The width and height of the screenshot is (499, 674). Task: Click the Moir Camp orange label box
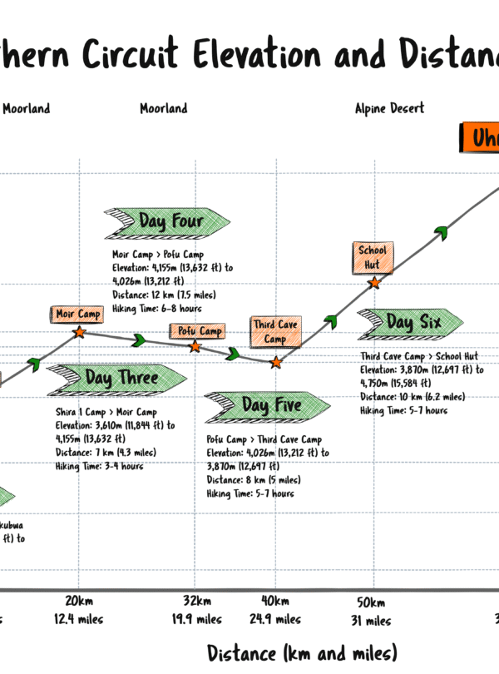pos(77,314)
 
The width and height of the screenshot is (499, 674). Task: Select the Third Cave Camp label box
pos(275,331)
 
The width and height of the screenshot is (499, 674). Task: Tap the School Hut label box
pos(372,257)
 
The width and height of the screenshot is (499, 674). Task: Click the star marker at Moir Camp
pos(79,332)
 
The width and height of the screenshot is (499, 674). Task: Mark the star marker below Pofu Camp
pos(195,346)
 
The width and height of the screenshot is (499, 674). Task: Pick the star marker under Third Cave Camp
pos(276,362)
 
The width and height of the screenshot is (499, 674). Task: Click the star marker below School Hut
pos(374,283)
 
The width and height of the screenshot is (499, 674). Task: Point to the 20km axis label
pos(77,602)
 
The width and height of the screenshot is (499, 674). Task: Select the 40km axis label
pos(275,602)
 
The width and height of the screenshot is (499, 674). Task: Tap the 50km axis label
pos(371,602)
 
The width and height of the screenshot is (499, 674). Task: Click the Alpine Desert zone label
pos(389,108)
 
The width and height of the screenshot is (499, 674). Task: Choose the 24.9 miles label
pos(275,619)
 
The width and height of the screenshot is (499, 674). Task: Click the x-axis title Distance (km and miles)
pos(302,652)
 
